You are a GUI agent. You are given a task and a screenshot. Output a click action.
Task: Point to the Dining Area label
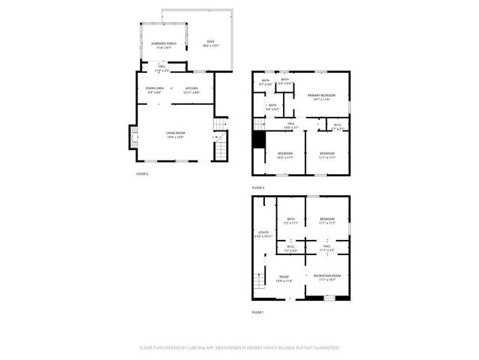pyautogui.click(x=156, y=89)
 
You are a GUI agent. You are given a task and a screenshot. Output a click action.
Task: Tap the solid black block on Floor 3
pyautogui.click(x=259, y=140)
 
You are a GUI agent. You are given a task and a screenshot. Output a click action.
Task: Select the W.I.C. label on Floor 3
pyautogui.click(x=338, y=126)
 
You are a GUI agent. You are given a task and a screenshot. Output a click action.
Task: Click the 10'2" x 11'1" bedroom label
pyautogui.click(x=285, y=156)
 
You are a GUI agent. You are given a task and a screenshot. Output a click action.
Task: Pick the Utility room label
pyautogui.click(x=263, y=234)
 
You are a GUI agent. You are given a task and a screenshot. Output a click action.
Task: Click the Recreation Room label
pyautogui.click(x=328, y=277)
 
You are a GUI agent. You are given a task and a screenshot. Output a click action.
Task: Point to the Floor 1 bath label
pyautogui.click(x=290, y=220)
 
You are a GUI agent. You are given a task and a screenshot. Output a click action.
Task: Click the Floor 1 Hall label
pyautogui.click(x=327, y=247)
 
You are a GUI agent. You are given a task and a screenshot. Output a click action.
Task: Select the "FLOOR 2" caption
pyautogui.click(x=142, y=174)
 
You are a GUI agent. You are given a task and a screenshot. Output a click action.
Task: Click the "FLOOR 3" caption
pyautogui.click(x=258, y=187)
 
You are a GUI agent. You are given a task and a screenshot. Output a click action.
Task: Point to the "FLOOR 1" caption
pyautogui.click(x=258, y=312)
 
